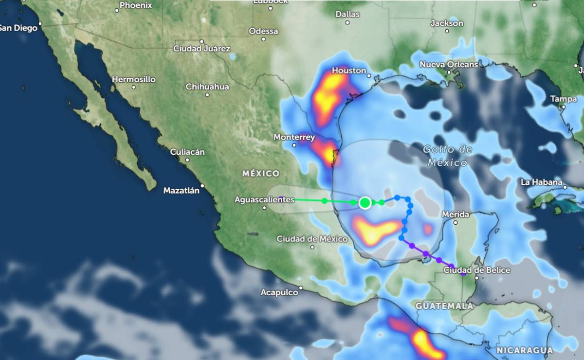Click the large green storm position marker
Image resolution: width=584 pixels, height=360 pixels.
[x=365, y=203]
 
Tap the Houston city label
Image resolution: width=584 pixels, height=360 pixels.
[x=348, y=71]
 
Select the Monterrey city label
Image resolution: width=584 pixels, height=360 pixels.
[x=294, y=137]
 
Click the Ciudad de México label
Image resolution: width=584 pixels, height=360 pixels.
[x=312, y=239]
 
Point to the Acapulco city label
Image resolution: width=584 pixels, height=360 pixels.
[x=279, y=292]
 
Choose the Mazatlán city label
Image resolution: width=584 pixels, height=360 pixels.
[x=181, y=191]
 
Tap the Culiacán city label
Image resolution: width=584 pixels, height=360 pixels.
[x=187, y=152]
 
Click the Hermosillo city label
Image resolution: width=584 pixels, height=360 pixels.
[x=134, y=79]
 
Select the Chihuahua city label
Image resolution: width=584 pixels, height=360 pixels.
[x=207, y=87]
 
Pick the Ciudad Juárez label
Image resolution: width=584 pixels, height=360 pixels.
[x=202, y=49]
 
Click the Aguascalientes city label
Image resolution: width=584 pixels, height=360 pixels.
[x=264, y=199]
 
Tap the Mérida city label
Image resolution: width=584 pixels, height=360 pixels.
[x=456, y=215]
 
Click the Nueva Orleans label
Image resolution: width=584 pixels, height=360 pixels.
[x=449, y=64]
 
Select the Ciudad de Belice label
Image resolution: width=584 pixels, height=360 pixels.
[x=477, y=270]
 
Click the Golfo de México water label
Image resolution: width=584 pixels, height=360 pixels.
[x=447, y=156]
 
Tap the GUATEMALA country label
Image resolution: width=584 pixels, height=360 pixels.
[x=444, y=306]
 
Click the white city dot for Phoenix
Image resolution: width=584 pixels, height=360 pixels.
[x=117, y=10]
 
